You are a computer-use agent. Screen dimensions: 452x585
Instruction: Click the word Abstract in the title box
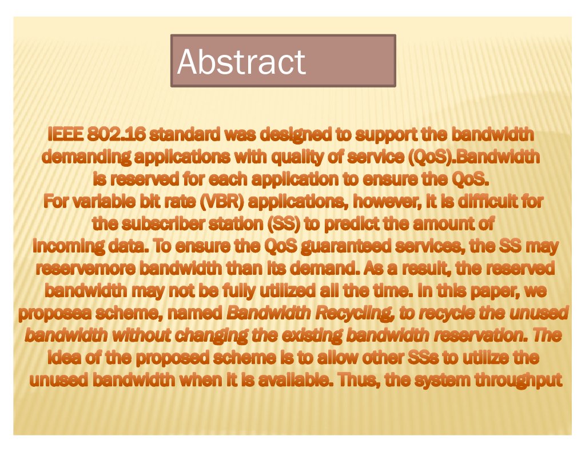pyautogui.click(x=241, y=61)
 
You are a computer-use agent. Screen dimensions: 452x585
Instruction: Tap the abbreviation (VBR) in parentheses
pyautogui.click(x=222, y=202)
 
